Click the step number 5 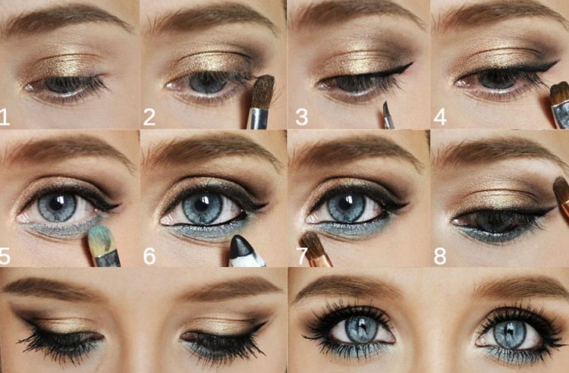[x=7, y=255]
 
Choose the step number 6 [x=149, y=255]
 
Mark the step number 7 [x=302, y=255]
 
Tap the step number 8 [x=441, y=255]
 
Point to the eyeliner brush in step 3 [x=387, y=114]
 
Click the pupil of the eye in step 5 [x=58, y=205]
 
